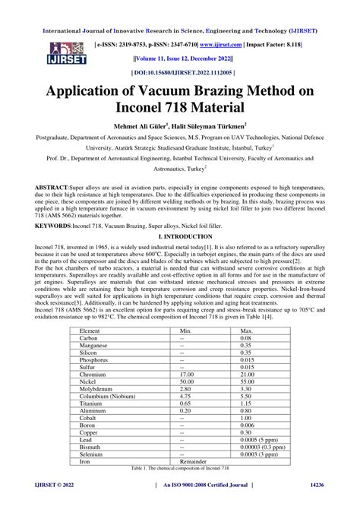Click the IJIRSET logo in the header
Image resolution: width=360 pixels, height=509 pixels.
click(46, 50)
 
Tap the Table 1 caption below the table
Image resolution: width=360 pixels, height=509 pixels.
click(179, 490)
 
